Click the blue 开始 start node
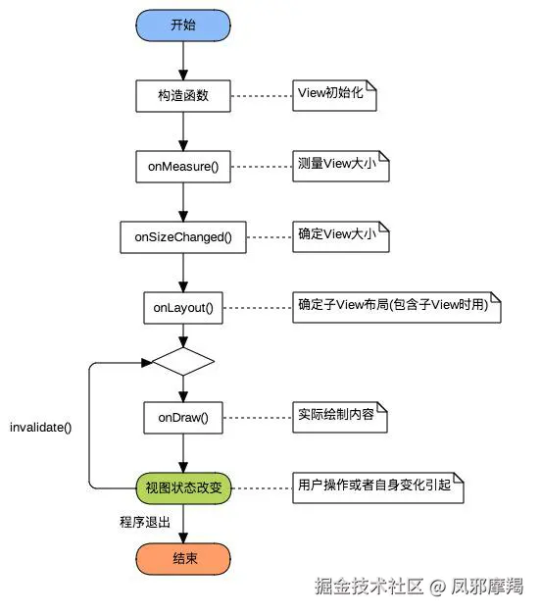tap(183, 26)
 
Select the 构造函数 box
tap(183, 96)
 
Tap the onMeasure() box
tap(183, 167)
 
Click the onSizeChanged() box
tap(183, 237)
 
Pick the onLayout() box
tap(183, 308)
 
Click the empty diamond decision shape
tap(183, 361)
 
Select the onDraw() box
tap(183, 418)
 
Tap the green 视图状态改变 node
tap(183, 488)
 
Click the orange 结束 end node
tap(183, 559)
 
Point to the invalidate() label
tap(41, 428)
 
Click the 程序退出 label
tap(145, 522)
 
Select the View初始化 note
tap(334, 95)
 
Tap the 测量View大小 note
tap(341, 167)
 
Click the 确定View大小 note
tap(341, 237)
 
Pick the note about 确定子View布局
tap(397, 307)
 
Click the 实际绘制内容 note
tap(340, 417)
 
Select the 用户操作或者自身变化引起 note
tap(378, 487)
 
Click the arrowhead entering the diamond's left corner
tap(147, 363)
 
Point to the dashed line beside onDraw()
tap(258, 418)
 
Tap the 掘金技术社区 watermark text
tap(369, 587)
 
